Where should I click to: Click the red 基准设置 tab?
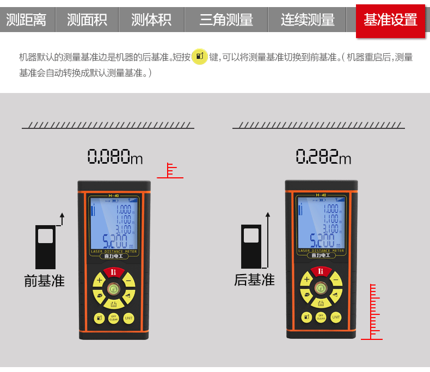click(x=390, y=21)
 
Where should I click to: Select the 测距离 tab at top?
click(x=26, y=20)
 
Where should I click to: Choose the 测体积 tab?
click(x=151, y=20)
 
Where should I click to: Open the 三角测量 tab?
click(x=226, y=20)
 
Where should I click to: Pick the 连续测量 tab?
click(x=308, y=20)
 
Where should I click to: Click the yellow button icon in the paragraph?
click(x=200, y=57)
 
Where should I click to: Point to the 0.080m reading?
click(x=115, y=157)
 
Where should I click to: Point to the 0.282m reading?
click(x=323, y=157)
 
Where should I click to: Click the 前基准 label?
click(x=44, y=281)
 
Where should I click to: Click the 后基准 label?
click(x=254, y=280)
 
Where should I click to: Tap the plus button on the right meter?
click(x=306, y=280)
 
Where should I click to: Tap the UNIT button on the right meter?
click(x=336, y=317)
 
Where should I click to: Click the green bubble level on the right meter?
click(x=321, y=288)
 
